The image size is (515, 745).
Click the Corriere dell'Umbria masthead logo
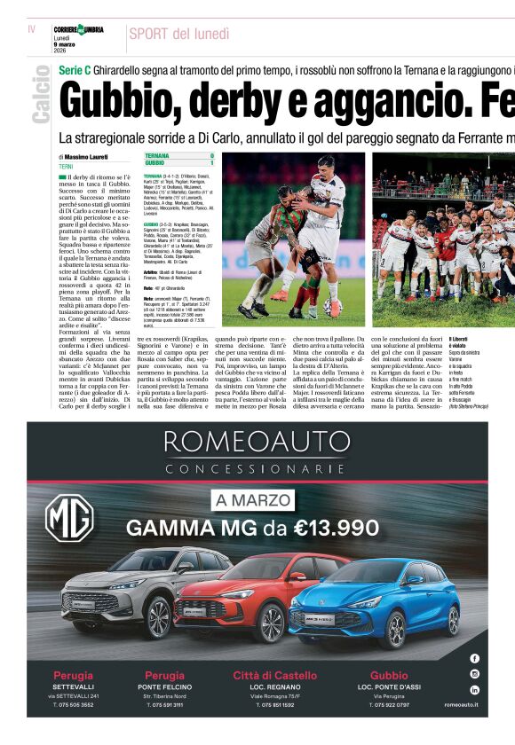(x=78, y=30)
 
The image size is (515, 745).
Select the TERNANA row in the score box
(x=178, y=156)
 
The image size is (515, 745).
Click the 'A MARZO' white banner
(x=252, y=500)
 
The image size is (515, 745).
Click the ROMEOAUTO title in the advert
(x=257, y=441)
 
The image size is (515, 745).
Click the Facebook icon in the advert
(x=474, y=658)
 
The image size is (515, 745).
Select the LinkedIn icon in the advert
(x=474, y=689)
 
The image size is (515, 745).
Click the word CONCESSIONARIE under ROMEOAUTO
(x=257, y=467)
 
